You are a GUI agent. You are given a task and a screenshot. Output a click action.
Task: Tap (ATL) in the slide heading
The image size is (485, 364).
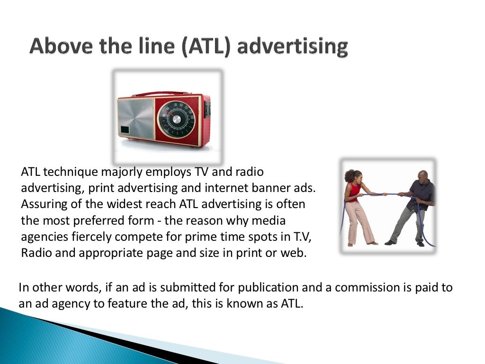[207, 47]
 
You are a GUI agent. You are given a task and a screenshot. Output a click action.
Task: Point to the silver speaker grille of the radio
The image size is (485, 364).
[136, 118]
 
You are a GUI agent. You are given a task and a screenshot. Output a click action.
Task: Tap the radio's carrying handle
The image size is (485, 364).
[161, 94]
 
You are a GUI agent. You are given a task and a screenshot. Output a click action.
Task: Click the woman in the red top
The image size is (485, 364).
[356, 204]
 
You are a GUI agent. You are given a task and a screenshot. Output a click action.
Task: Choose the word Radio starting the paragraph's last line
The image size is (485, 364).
[35, 252]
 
